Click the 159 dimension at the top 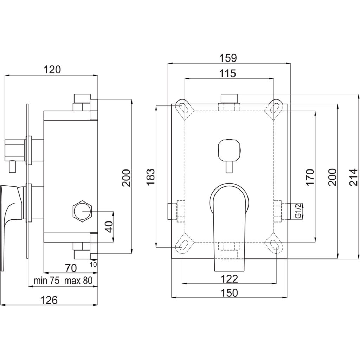pyautogui.click(x=228, y=58)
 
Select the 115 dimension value pyautogui.click(x=227, y=73)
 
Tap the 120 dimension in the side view pyautogui.click(x=52, y=70)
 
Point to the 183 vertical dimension pyautogui.click(x=150, y=177)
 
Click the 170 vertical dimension pyautogui.click(x=310, y=177)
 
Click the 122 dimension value pyautogui.click(x=229, y=279)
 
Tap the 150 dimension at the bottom pyautogui.click(x=229, y=293)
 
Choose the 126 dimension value pyautogui.click(x=49, y=300)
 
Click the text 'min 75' pyautogui.click(x=47, y=281)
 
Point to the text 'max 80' pyautogui.click(x=78, y=281)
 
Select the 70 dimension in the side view pyautogui.click(x=71, y=268)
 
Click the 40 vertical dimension pyautogui.click(x=110, y=227)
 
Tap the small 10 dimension pyautogui.click(x=93, y=265)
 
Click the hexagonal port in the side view pyautogui.click(x=82, y=211)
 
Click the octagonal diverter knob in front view pyautogui.click(x=229, y=150)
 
